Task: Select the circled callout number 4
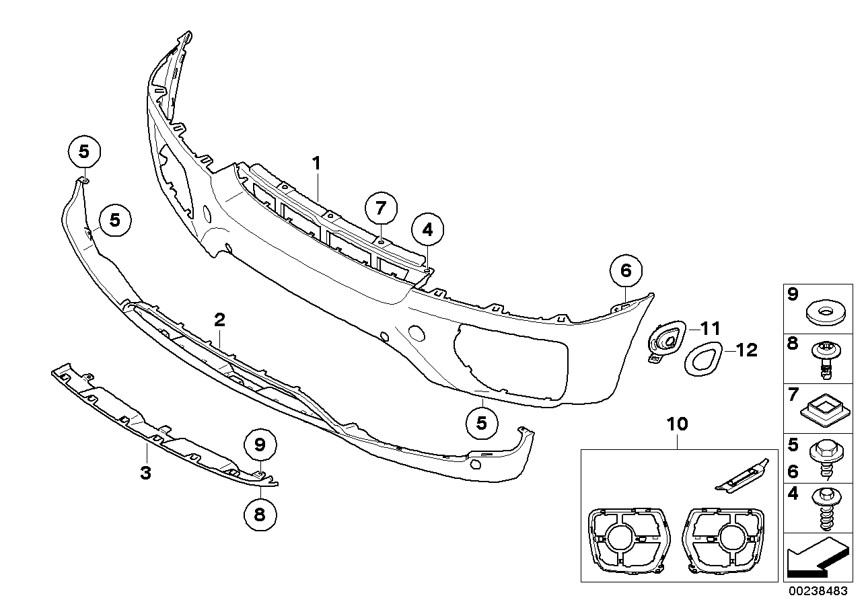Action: (x=428, y=229)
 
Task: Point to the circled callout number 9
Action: (x=260, y=444)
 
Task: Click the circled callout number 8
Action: (x=260, y=514)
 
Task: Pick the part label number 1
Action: (x=316, y=163)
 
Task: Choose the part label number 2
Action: (x=219, y=319)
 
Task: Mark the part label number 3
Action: (x=145, y=473)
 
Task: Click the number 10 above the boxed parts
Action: (x=678, y=424)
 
